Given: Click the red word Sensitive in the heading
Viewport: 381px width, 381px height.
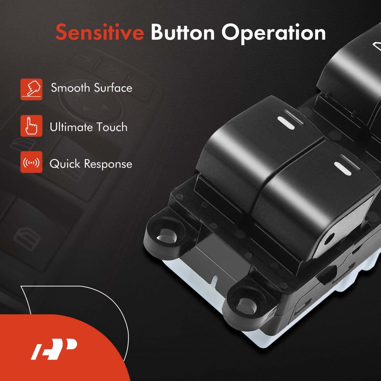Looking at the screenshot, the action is tap(100, 32).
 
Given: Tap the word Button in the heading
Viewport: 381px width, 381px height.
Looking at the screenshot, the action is tap(183, 32).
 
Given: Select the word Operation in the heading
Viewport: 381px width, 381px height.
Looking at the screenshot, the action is tap(273, 34).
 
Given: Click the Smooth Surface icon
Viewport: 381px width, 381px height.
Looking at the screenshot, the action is tap(31, 89).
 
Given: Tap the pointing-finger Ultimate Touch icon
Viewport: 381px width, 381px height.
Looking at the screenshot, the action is tap(31, 126).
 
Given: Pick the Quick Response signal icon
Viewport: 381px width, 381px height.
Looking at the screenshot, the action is tap(31, 162).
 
